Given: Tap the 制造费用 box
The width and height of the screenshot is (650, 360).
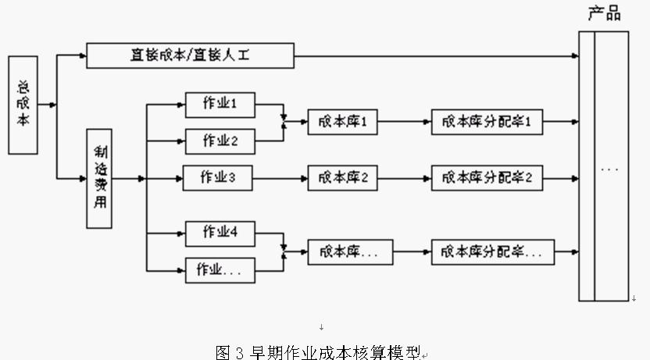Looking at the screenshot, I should (98, 179).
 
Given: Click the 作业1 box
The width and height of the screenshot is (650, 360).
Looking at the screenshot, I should (220, 104).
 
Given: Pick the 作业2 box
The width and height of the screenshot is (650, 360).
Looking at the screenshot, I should (220, 141).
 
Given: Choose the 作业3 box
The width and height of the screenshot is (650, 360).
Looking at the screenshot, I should (220, 178).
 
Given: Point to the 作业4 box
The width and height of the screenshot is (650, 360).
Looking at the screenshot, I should (220, 233).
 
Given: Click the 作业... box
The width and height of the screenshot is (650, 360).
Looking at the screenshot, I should (220, 270).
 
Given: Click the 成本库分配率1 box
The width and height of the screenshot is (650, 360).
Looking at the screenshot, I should (486, 122).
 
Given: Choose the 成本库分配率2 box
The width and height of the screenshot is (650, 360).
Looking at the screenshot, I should (486, 178).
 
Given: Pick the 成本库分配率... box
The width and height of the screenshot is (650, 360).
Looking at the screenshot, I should (492, 251).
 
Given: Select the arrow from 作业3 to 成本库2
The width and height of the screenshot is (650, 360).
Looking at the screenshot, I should (281, 178).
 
